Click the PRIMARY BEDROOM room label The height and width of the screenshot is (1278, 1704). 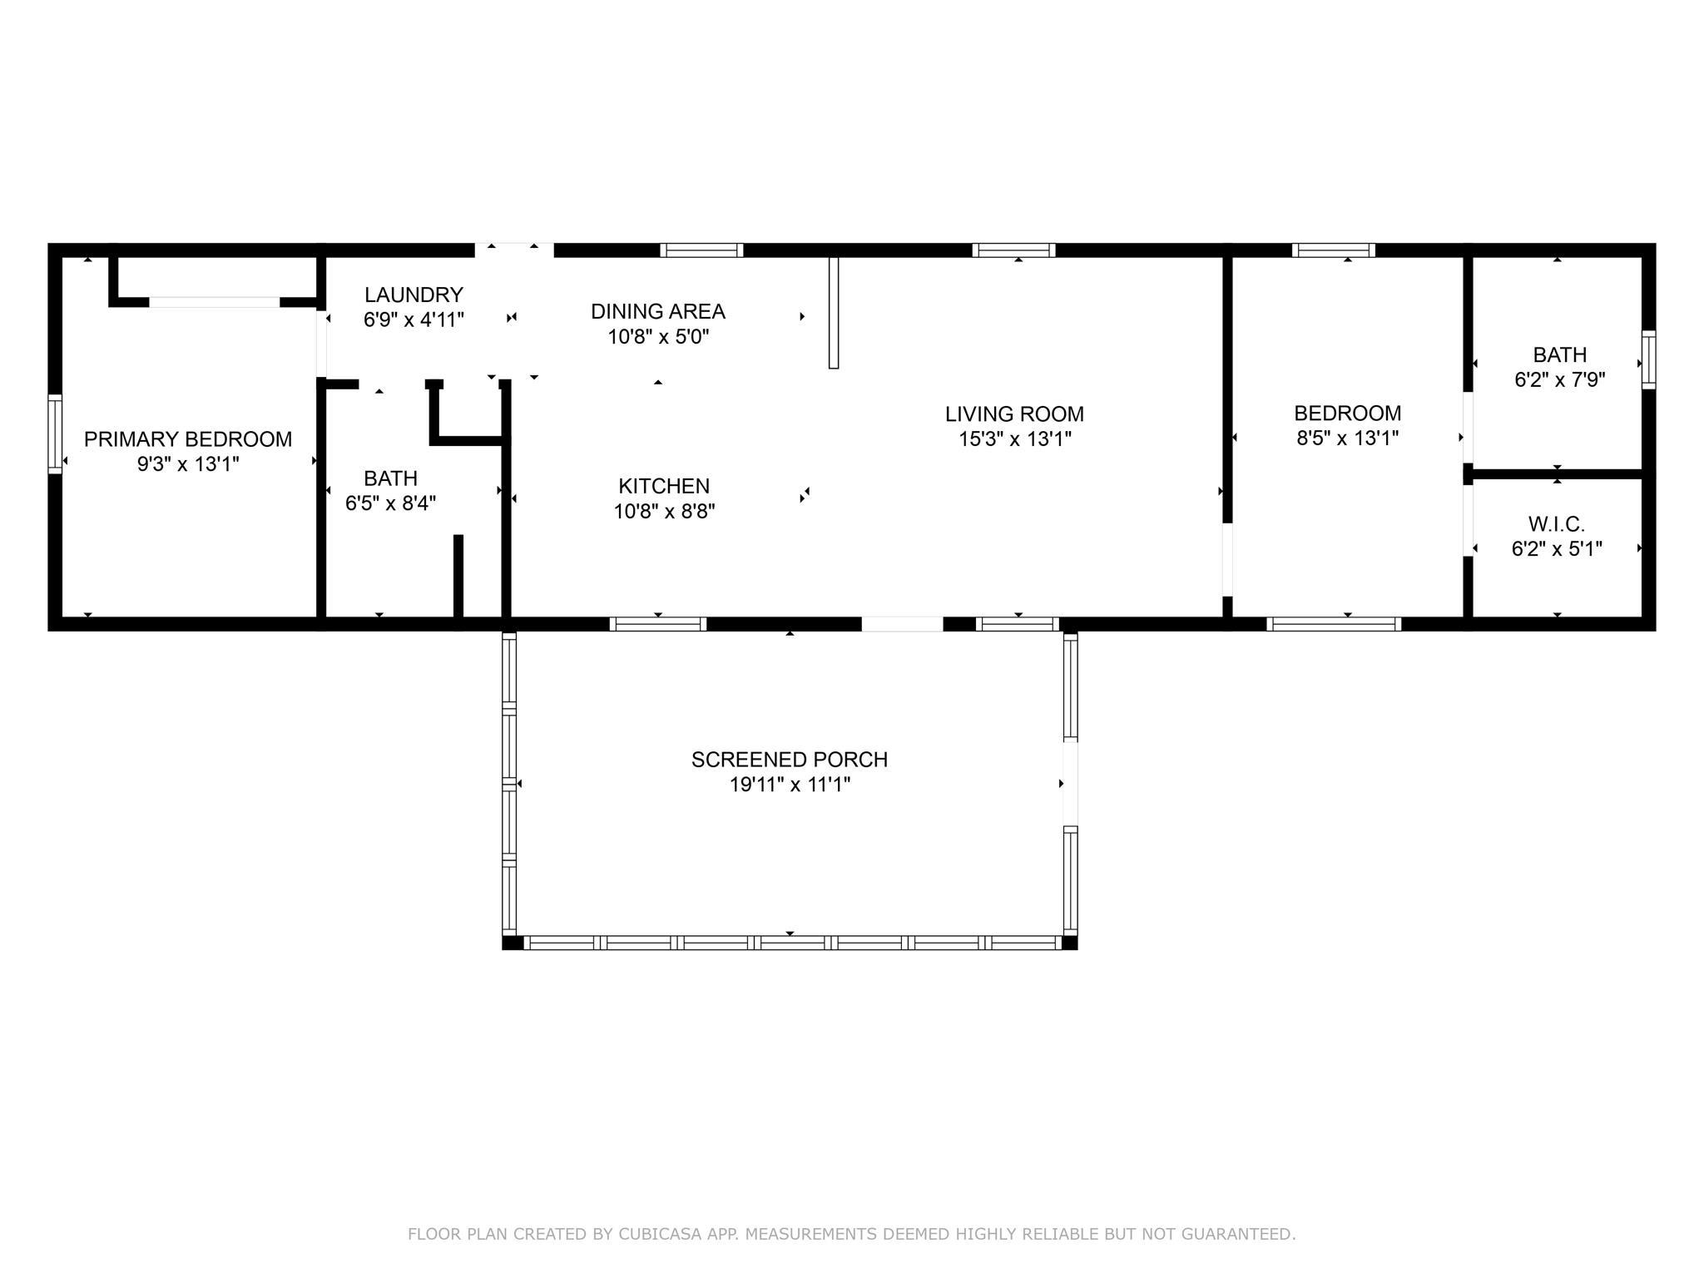point(188,439)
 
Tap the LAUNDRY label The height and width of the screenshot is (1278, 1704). point(414,295)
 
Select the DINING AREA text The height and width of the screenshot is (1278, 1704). point(658,311)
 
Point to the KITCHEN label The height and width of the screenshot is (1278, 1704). point(664,486)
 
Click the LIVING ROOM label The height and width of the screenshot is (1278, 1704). point(1014,414)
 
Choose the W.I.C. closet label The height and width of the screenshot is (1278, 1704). point(1557,524)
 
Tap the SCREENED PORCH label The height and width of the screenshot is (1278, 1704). point(790,760)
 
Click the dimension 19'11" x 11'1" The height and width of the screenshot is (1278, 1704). point(790,785)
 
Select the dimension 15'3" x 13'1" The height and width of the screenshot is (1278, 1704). point(1014,438)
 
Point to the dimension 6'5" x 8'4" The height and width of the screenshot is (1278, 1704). point(390,503)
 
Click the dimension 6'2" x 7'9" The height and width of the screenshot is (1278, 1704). point(1559,379)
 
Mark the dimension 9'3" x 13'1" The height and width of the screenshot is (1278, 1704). point(188,464)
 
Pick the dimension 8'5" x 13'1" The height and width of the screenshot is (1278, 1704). point(1347,438)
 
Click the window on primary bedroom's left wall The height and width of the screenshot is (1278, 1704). point(55,433)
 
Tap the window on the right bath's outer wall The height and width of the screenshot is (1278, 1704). point(1648,359)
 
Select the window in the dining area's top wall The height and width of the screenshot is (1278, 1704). point(701,250)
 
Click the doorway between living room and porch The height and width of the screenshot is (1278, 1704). point(902,624)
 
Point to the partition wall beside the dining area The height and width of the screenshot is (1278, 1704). point(834,313)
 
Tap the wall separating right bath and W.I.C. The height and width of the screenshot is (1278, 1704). point(1557,474)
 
